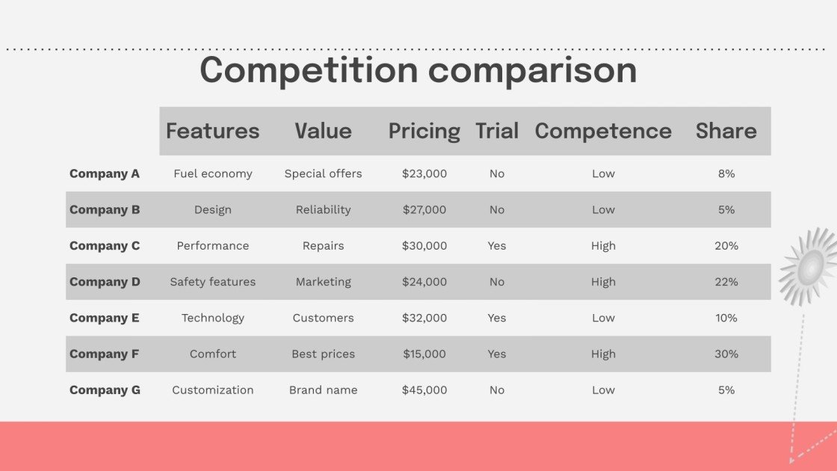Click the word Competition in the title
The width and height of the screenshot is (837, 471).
[308, 70]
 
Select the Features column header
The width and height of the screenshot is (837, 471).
[212, 131]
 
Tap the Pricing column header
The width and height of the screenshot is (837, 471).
[424, 131]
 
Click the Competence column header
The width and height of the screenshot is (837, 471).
[603, 131]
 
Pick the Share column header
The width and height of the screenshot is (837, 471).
[726, 131]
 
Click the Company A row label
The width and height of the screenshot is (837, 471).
[105, 173]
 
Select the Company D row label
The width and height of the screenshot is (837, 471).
[105, 282]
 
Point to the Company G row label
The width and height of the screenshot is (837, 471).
[105, 390]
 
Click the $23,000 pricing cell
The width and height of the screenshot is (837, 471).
[424, 173]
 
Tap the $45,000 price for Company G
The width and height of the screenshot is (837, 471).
[424, 390]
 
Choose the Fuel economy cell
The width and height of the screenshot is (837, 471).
[213, 173]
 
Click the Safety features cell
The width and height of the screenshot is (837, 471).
[213, 282]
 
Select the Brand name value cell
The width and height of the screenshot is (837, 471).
[324, 390]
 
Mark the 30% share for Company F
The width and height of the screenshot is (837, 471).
[726, 354]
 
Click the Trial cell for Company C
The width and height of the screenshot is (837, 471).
[497, 246]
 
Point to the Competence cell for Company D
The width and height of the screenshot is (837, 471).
[603, 282]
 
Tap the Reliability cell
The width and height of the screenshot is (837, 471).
[324, 210]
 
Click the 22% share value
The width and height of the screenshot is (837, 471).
[726, 282]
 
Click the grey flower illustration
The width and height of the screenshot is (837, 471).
[810, 266]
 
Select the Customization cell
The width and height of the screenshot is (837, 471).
[213, 390]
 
